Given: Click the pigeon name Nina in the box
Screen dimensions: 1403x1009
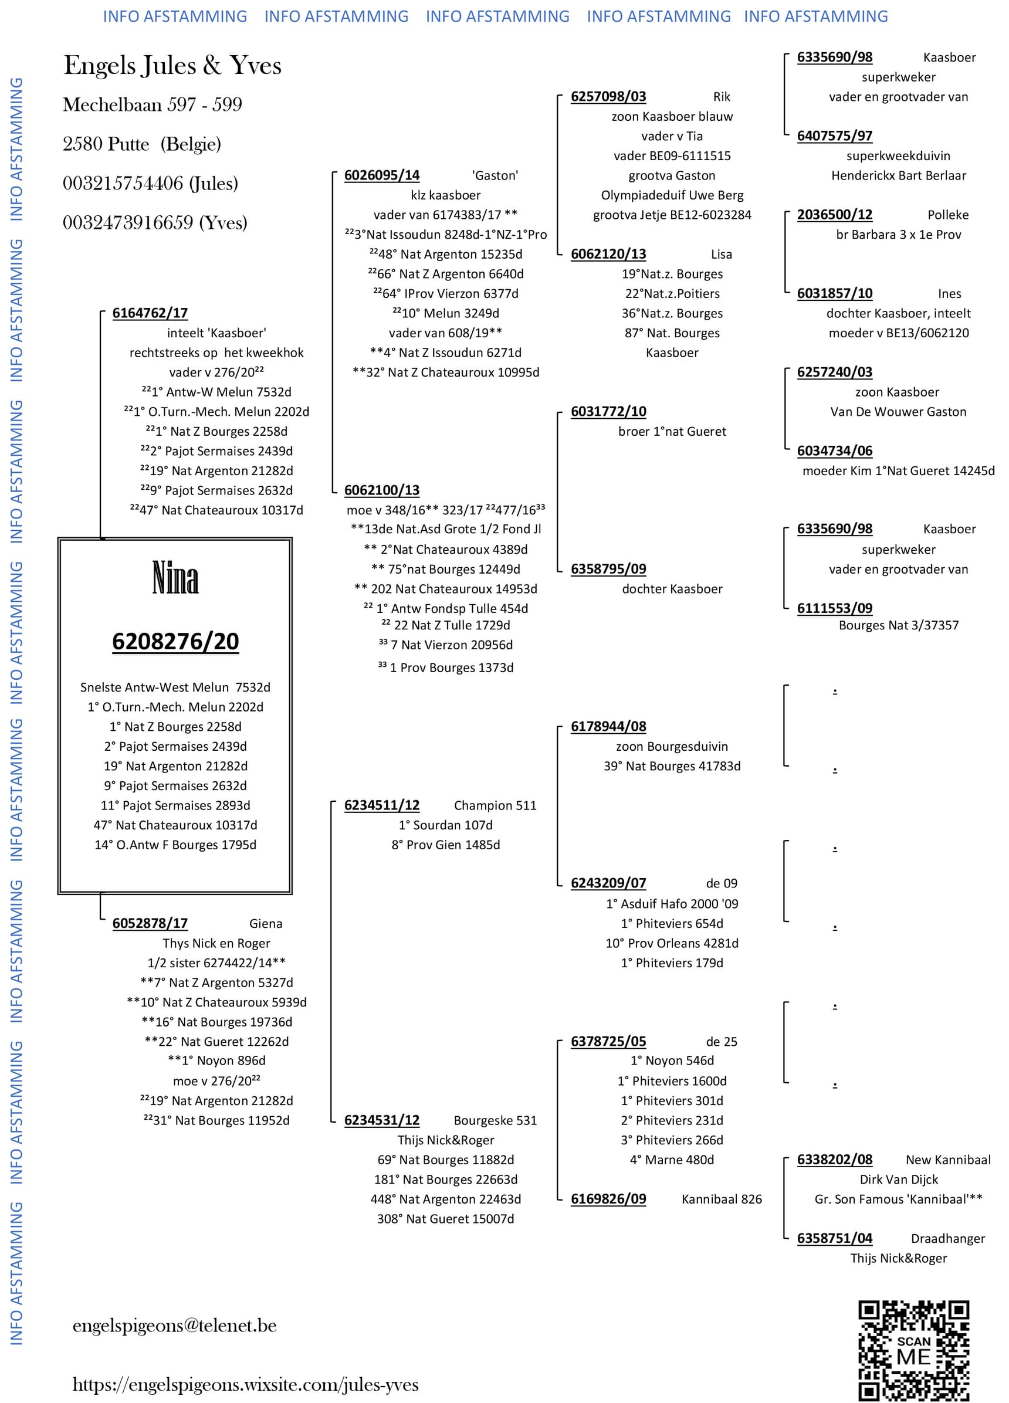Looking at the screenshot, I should [175, 578].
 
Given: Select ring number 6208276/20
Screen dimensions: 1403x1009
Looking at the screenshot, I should [175, 642].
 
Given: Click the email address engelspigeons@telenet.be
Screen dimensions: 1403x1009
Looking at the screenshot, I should [174, 1325].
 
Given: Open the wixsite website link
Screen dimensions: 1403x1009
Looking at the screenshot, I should [245, 1384].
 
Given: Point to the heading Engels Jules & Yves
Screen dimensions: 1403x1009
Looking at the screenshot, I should [172, 65].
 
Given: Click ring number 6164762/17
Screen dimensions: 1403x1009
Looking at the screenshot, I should [150, 313].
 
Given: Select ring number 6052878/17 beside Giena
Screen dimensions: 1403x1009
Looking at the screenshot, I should [150, 923].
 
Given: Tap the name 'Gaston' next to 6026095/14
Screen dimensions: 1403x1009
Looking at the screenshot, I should [495, 176].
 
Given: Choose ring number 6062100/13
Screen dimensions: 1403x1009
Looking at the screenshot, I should [382, 490].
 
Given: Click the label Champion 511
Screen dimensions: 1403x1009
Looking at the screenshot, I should [495, 805].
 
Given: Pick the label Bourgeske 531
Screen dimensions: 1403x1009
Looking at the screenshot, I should [495, 1120].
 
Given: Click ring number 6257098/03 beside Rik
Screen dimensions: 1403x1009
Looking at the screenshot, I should [608, 97].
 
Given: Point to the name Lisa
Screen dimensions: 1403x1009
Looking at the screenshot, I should [722, 254].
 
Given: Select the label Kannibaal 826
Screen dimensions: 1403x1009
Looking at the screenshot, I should [722, 1199].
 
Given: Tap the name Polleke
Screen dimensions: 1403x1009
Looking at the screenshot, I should [948, 215].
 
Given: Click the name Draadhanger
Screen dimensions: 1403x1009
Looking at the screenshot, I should [948, 1238].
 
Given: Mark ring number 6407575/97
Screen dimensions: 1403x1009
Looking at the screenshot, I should [835, 136].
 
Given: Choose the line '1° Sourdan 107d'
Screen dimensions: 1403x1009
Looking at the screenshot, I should [445, 825].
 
